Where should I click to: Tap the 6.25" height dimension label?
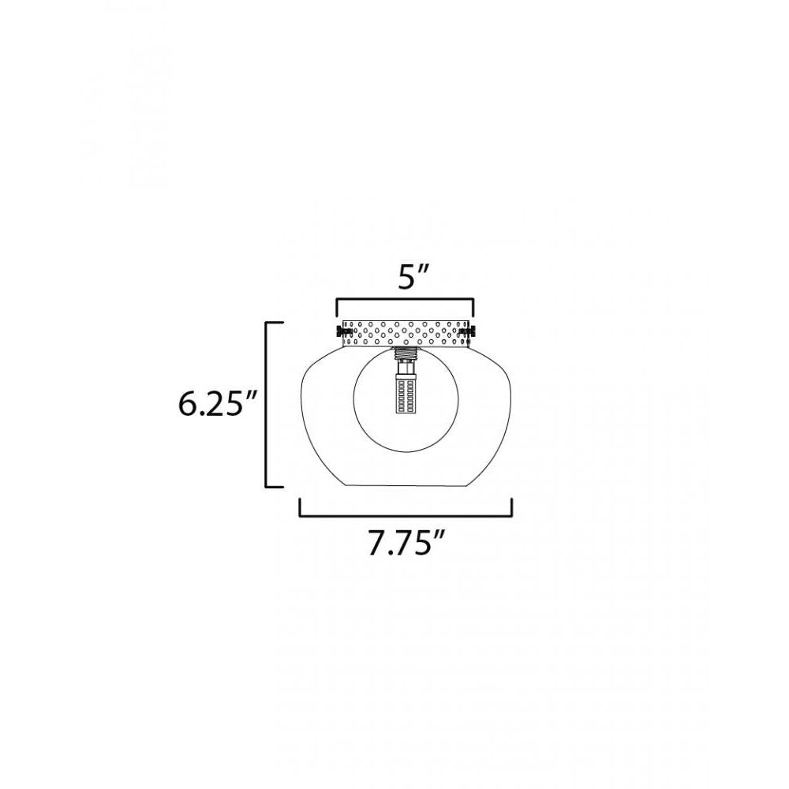click(216, 405)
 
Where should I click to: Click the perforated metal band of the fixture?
click(406, 335)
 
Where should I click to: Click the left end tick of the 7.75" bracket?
click(300, 507)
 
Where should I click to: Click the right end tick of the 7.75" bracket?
click(513, 507)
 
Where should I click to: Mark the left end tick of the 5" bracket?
click(337, 307)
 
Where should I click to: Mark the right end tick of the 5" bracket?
click(473, 307)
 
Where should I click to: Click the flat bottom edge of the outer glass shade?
click(406, 486)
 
